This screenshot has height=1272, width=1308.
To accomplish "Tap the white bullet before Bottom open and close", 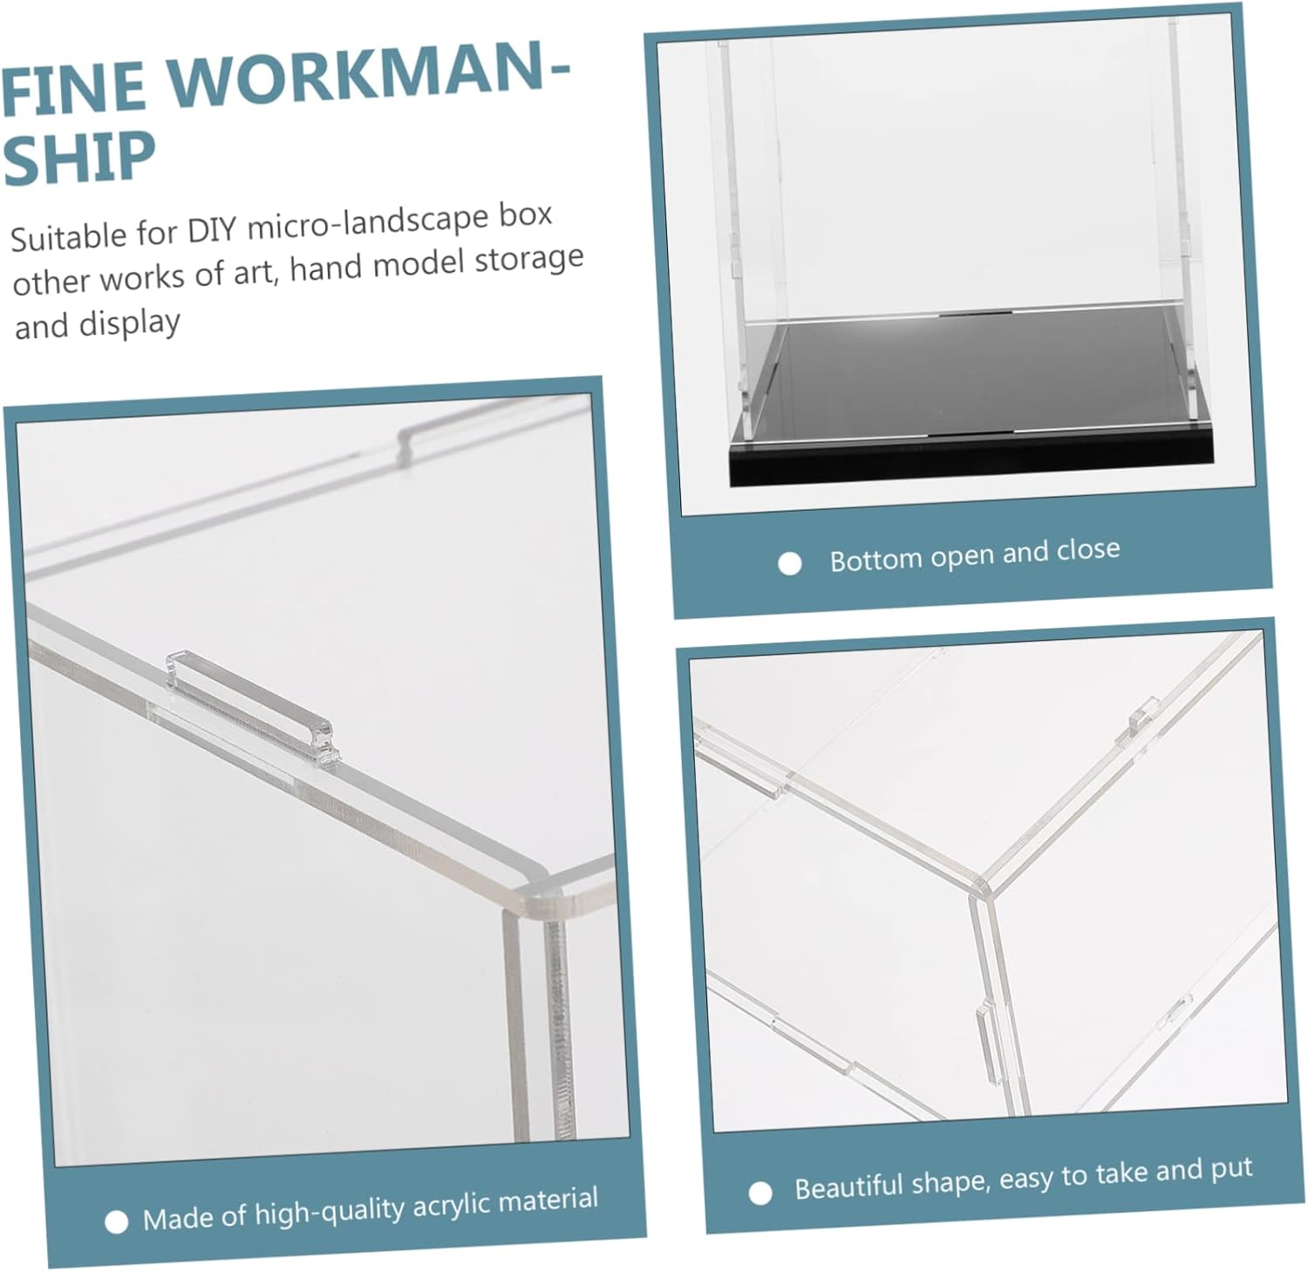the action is (x=790, y=564).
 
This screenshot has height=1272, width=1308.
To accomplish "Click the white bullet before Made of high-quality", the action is (x=116, y=1223).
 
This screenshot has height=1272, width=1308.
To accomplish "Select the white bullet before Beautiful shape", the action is (x=760, y=1193).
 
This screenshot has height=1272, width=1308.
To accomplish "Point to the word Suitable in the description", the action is (x=68, y=238).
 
